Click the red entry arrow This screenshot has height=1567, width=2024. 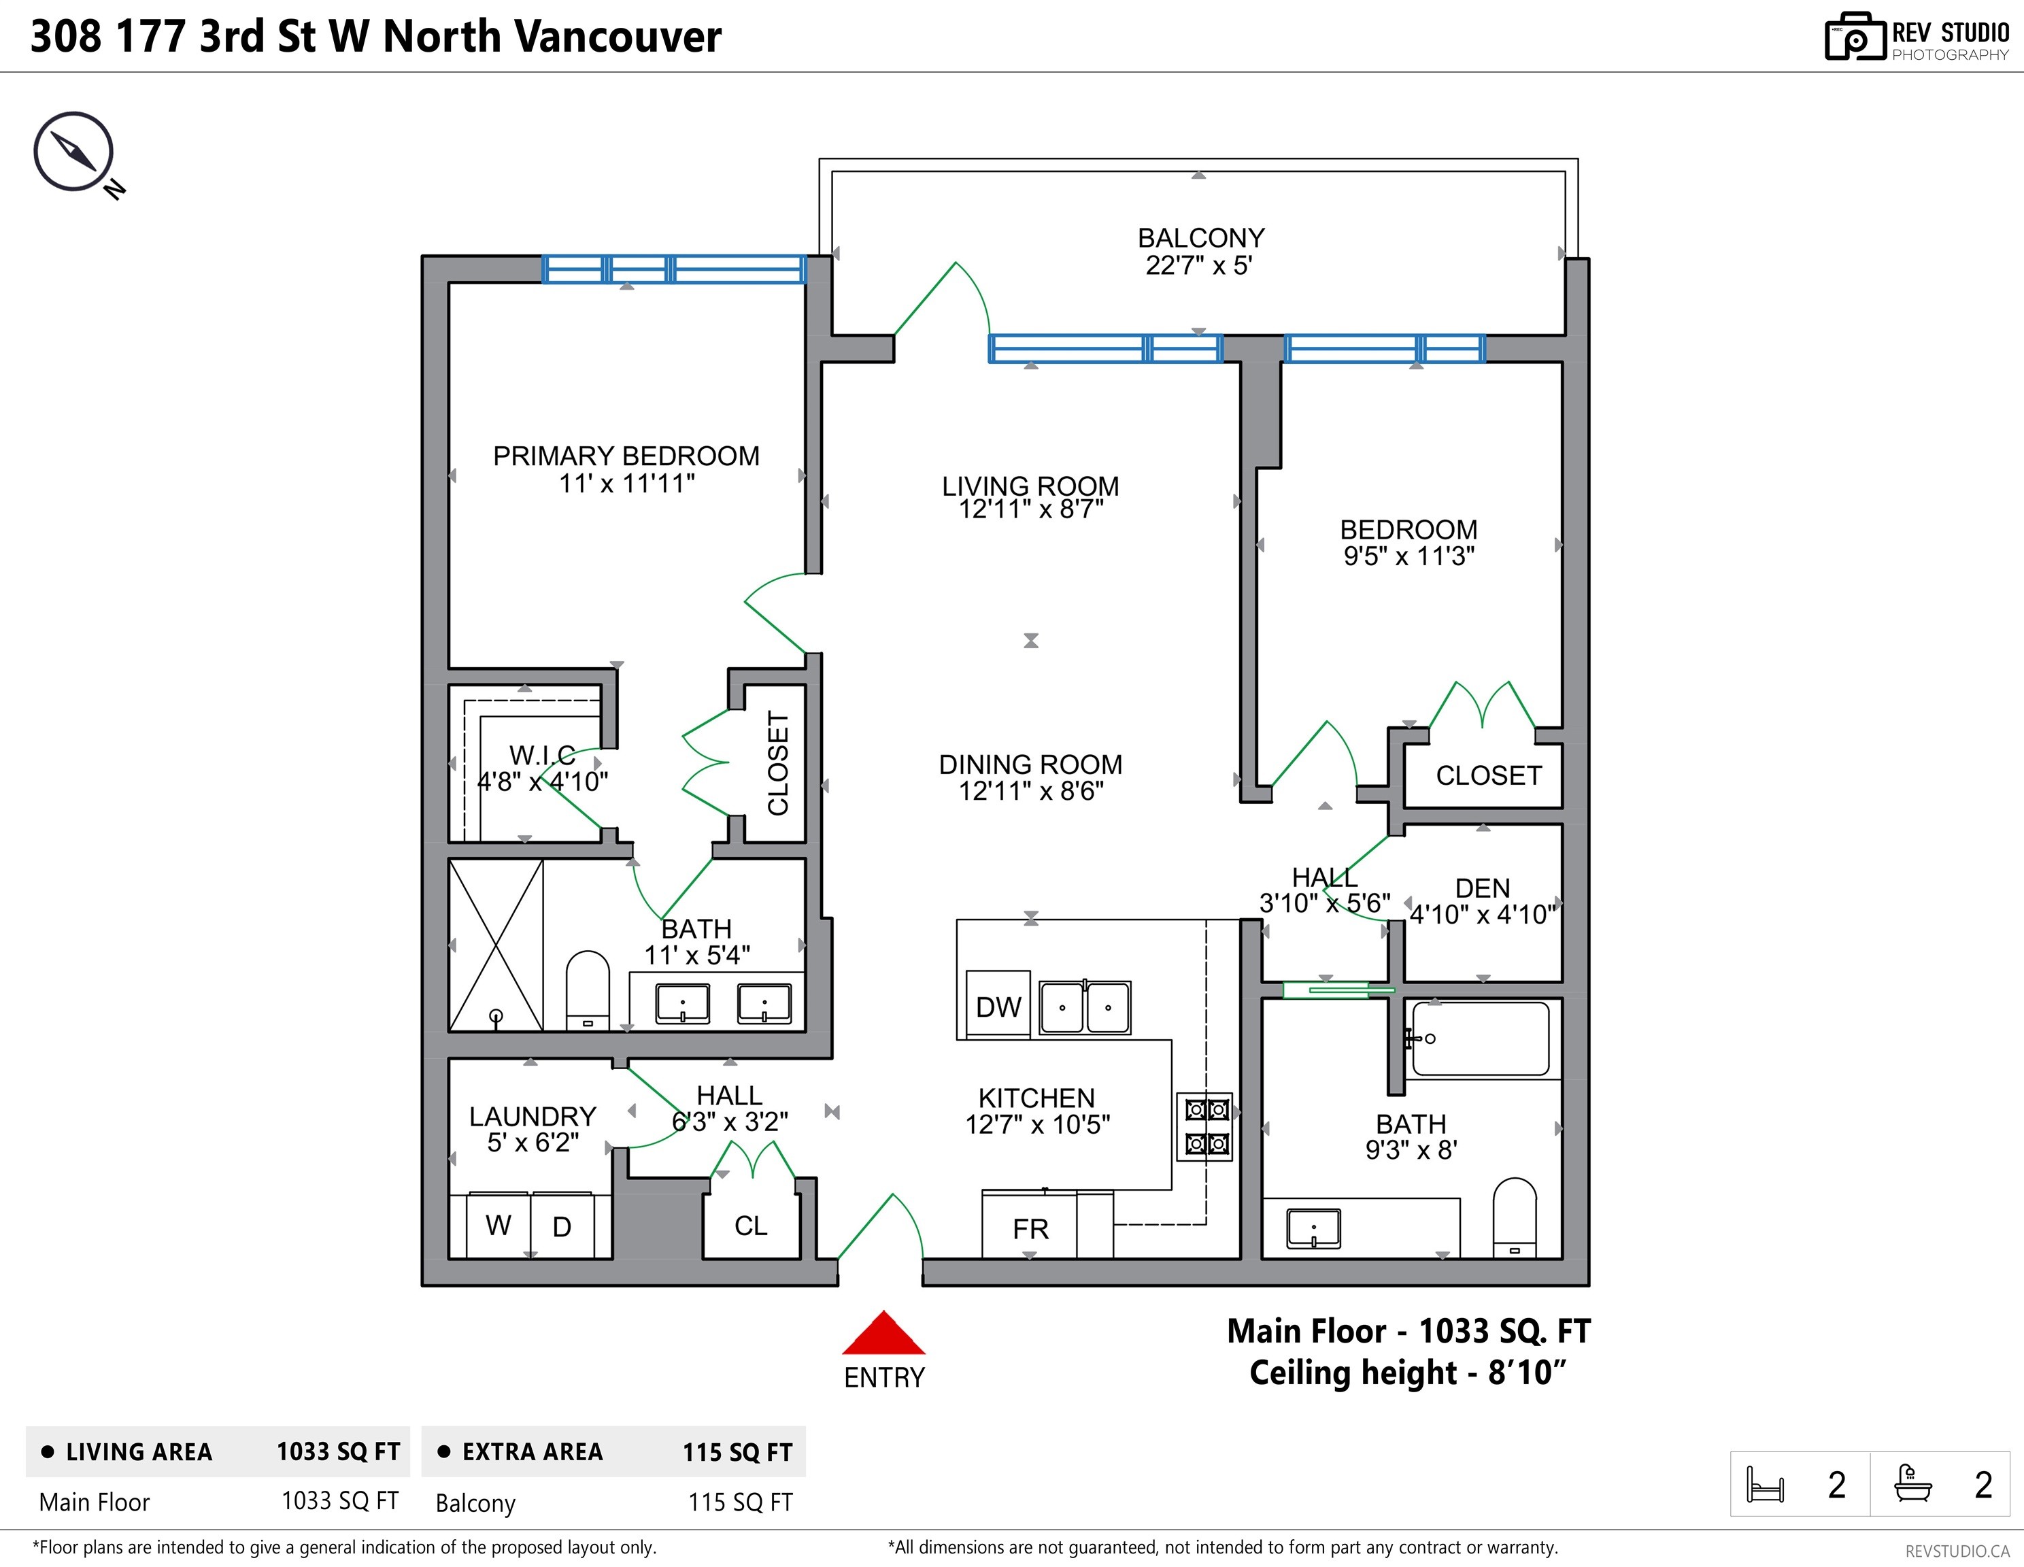883,1334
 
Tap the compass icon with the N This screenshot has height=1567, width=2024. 74,153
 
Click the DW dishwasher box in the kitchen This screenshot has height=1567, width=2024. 997,1005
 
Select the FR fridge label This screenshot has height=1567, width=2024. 1030,1229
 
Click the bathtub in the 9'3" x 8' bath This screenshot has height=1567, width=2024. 1480,1039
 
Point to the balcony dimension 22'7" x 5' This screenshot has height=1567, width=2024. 1198,266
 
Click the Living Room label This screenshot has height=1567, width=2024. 1030,486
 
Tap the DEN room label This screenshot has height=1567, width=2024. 1482,888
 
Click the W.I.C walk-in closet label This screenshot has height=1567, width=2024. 542,754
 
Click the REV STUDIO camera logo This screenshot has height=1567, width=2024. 1855,37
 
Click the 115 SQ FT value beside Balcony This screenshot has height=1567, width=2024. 739,1502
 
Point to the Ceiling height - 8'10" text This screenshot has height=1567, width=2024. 1406,1372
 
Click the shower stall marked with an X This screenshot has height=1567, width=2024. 496,945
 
